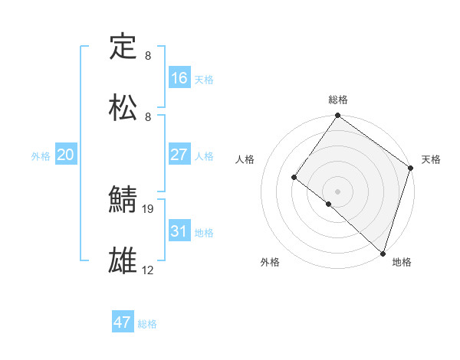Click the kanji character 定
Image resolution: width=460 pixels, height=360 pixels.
[x=123, y=47]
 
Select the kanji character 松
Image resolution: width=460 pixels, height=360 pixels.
[x=123, y=107]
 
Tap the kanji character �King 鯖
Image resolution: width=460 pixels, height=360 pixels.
[x=123, y=200]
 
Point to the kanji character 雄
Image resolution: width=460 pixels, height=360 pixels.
[x=123, y=260]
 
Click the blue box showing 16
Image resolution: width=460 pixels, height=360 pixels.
[x=179, y=78]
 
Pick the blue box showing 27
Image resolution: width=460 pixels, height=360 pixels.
[x=179, y=155]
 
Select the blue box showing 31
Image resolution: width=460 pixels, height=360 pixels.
[x=179, y=231]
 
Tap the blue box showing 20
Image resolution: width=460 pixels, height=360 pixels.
[x=65, y=155]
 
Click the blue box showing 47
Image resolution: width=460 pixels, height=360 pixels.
[x=123, y=322]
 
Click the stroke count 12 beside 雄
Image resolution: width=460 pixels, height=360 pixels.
[x=148, y=270]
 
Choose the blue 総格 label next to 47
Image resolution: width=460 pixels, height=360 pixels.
[x=147, y=324]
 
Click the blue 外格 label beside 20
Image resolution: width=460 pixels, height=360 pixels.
[x=41, y=156]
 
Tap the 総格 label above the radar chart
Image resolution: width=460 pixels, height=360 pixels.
[x=338, y=100]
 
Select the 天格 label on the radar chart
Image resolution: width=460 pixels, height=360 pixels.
[x=431, y=159]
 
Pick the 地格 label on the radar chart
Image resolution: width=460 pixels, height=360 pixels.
[x=402, y=262]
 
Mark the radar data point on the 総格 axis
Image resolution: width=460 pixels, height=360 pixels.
[x=337, y=116]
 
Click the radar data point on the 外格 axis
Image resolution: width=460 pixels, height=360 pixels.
[x=328, y=204]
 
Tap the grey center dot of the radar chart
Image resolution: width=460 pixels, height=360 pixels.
[x=337, y=191]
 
